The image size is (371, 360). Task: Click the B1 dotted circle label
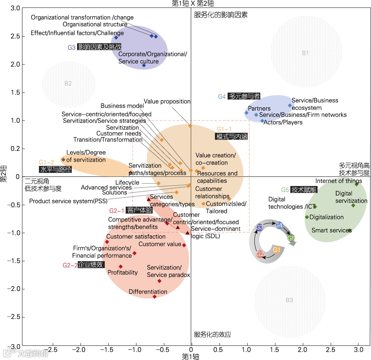(305, 53)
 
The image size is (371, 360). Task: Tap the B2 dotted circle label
(68, 83)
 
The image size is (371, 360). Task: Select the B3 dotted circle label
(289, 300)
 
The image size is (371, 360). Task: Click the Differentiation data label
(148, 292)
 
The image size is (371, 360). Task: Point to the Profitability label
(123, 273)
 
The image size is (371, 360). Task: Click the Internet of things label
(339, 181)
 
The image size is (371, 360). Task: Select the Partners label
(259, 109)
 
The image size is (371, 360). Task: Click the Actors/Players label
(283, 122)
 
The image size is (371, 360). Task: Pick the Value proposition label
(167, 101)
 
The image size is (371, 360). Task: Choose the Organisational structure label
(95, 24)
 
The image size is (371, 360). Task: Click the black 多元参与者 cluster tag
(245, 97)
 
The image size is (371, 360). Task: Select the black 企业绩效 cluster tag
(91, 265)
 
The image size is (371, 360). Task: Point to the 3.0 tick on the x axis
(359, 349)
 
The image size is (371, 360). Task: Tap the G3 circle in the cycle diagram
(259, 227)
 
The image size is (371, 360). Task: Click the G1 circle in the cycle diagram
(277, 250)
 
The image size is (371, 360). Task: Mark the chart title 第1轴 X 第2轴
(193, 4)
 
